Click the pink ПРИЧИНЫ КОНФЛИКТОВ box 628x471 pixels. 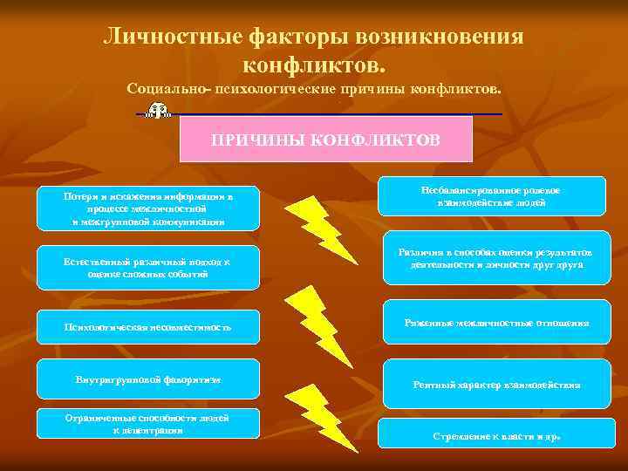(325, 140)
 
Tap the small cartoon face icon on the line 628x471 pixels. (158, 110)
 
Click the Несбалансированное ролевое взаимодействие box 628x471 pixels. (495, 196)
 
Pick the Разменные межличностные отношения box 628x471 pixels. (495, 323)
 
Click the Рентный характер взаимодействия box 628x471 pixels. (495, 385)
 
